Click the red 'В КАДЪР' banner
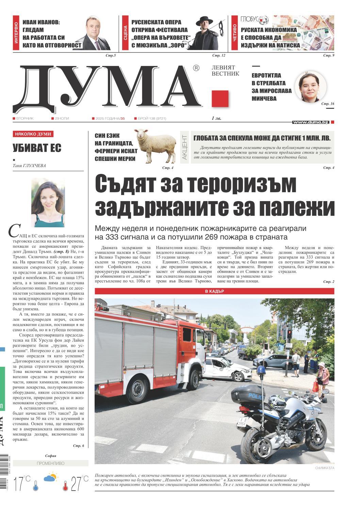pos(214,291)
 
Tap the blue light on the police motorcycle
pos(261,370)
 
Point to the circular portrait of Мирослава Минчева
pos(310,87)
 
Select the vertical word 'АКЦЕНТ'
pos(184,148)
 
